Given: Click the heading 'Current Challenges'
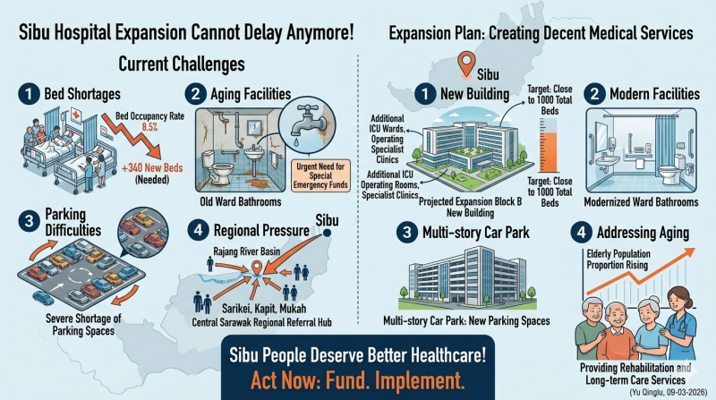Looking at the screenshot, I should (182, 64).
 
